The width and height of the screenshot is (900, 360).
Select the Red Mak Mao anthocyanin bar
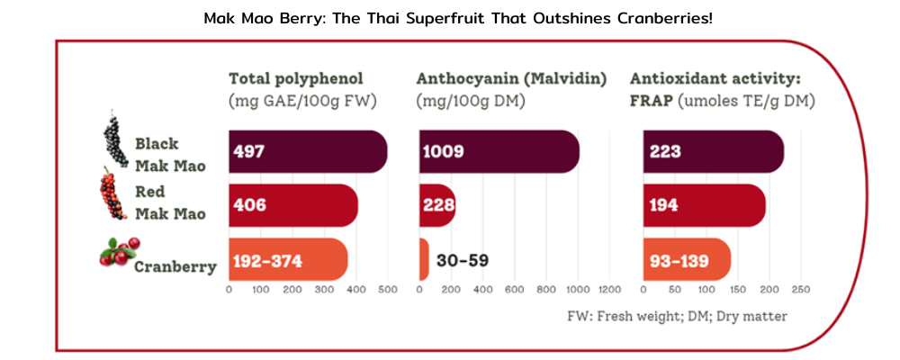coord(437,205)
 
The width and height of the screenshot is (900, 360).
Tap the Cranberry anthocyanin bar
coord(424,260)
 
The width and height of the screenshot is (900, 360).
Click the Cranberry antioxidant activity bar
coord(686,260)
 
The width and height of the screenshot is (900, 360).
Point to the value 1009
coord(442,151)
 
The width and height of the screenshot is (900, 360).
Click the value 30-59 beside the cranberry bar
coord(463,261)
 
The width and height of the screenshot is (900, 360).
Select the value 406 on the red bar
coord(249,205)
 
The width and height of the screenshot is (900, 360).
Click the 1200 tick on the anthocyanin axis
coord(609,290)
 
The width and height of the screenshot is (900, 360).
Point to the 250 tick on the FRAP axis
coord(800,290)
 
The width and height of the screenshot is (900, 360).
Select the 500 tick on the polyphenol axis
coord(387,290)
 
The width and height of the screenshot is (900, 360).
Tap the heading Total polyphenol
coord(296,78)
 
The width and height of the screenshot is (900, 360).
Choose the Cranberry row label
coord(175,266)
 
